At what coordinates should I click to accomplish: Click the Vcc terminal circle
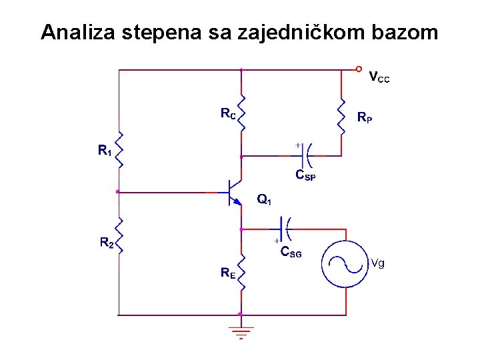coord(359,69)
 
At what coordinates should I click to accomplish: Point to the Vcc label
coord(379,78)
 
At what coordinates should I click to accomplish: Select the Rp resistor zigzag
coord(344,117)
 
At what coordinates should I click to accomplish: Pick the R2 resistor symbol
coord(118,235)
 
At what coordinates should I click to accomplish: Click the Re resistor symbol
coord(241,275)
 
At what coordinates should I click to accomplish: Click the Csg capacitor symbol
coord(285,229)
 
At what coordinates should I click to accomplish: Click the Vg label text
coord(377,263)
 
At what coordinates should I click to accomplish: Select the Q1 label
coord(264,199)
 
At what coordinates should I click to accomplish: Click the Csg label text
coord(291,253)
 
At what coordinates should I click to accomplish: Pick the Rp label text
coord(365,118)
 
